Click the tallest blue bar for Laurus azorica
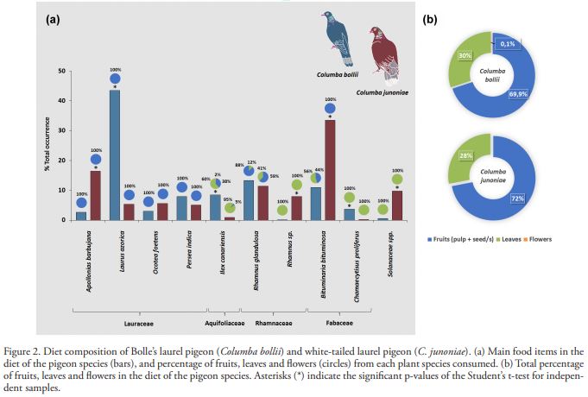[x=114, y=155]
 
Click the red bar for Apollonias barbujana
[x=95, y=195]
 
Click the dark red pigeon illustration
[x=378, y=48]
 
